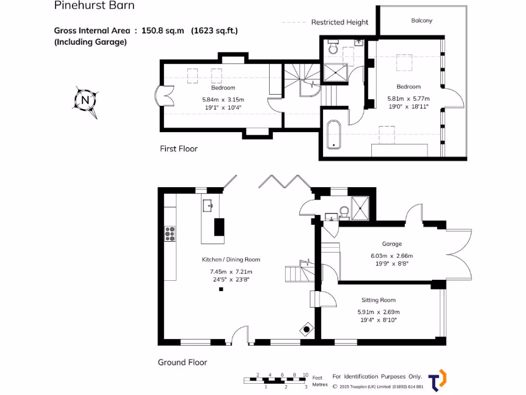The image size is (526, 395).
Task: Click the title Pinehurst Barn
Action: pyautogui.click(x=94, y=6)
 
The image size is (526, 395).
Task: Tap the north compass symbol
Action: pyautogui.click(x=85, y=100)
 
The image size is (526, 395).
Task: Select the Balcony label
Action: pyautogui.click(x=422, y=21)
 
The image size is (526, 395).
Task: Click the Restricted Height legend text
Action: pyautogui.click(x=340, y=22)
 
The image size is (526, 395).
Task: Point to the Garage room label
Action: pyautogui.click(x=391, y=244)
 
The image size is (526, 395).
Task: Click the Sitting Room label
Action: pyautogui.click(x=379, y=300)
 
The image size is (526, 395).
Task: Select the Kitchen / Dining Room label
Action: pyautogui.click(x=231, y=260)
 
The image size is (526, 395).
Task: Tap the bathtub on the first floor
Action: pyautogui.click(x=334, y=135)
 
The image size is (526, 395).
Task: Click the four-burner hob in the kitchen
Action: pyautogui.click(x=170, y=234)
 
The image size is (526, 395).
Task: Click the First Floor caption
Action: pyautogui.click(x=179, y=149)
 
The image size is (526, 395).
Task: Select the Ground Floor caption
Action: pyautogui.click(x=182, y=363)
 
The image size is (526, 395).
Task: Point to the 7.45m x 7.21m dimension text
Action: pyautogui.click(x=231, y=272)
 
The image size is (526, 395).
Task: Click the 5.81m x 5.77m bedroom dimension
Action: pyautogui.click(x=408, y=99)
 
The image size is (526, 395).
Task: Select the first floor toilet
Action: pyautogui.click(x=333, y=49)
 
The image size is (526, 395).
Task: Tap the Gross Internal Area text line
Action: pyautogui.click(x=146, y=31)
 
